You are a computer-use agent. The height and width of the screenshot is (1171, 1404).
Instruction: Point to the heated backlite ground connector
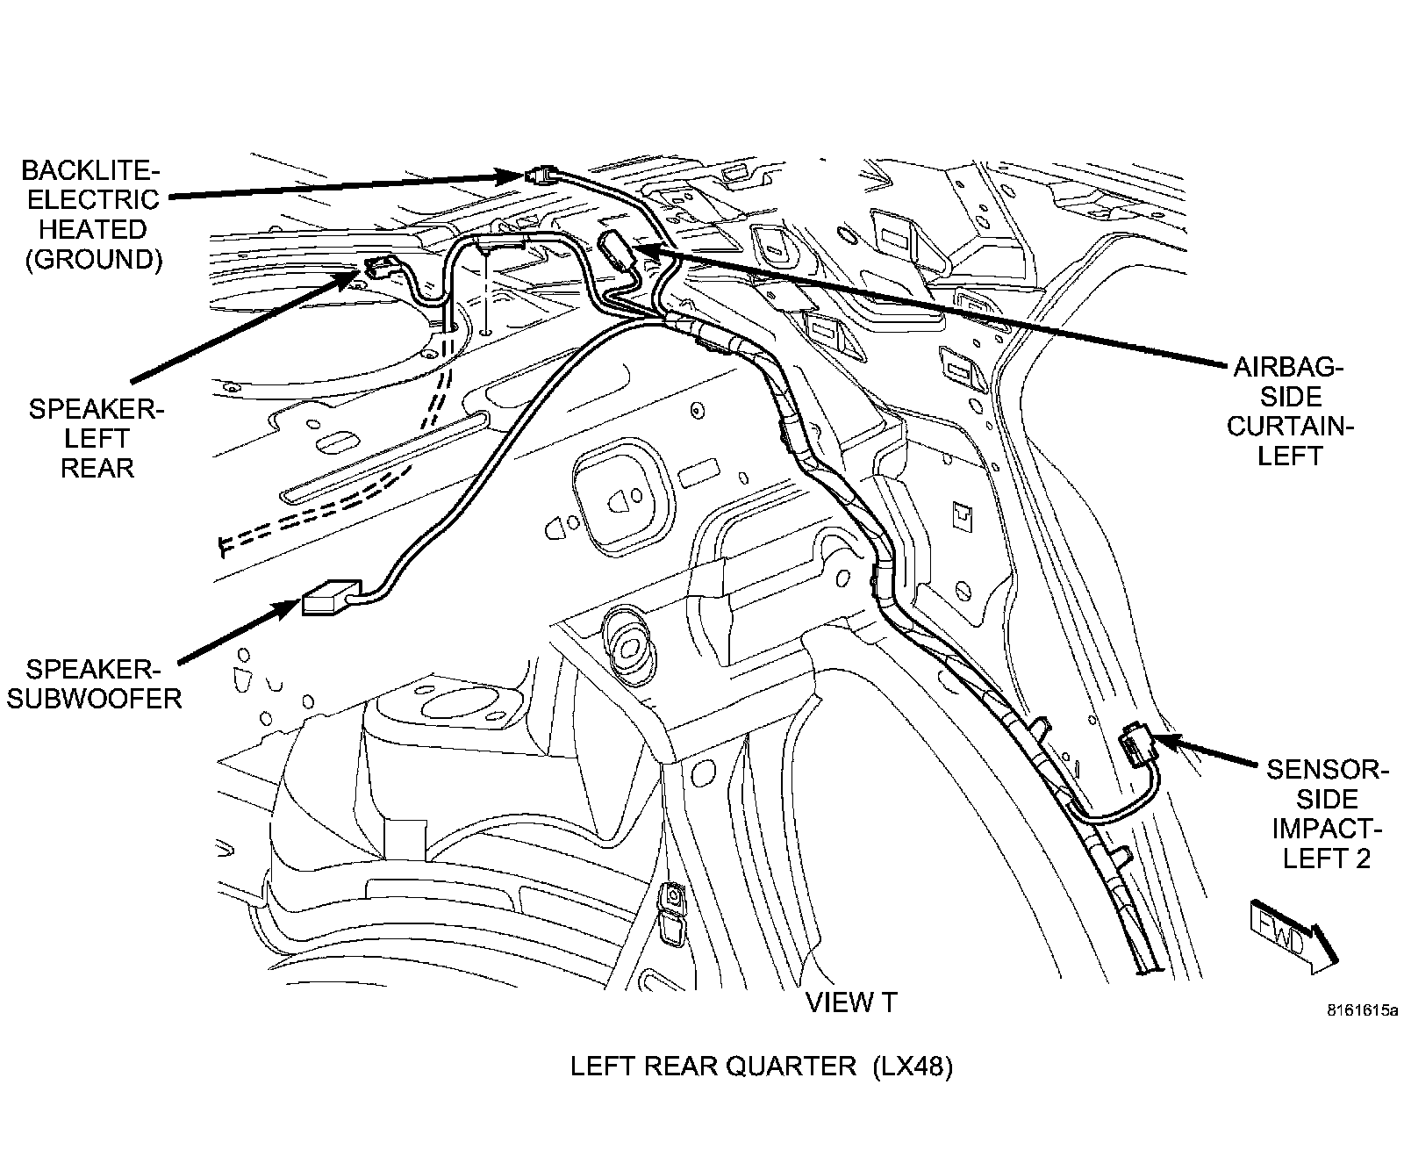click(541, 176)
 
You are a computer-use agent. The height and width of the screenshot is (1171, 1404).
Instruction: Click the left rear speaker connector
click(380, 268)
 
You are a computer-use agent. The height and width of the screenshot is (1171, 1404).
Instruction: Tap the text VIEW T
click(850, 1002)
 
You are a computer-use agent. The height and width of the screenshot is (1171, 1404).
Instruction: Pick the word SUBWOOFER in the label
click(94, 699)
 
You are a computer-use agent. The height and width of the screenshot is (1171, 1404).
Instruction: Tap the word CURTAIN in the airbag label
click(1287, 426)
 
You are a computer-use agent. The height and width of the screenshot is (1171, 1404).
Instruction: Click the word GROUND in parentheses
click(93, 260)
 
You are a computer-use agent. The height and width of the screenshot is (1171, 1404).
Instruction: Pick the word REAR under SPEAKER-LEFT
click(97, 468)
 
